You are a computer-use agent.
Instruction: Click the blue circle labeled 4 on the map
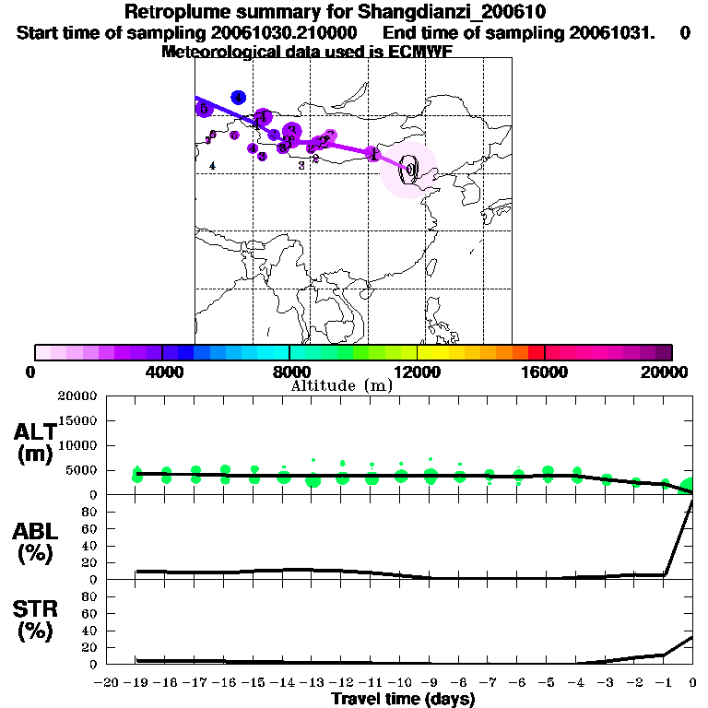[238, 97]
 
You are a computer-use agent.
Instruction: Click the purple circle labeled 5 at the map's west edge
[204, 109]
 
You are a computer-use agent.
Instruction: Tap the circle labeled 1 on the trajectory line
[372, 154]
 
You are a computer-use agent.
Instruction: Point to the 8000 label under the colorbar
[289, 372]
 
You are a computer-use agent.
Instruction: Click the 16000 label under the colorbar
[545, 372]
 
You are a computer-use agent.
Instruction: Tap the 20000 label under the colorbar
[670, 372]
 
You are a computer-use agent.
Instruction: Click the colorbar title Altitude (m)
[341, 386]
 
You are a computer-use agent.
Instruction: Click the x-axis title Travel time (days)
[403, 700]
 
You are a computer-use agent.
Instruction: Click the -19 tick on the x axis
[136, 683]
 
